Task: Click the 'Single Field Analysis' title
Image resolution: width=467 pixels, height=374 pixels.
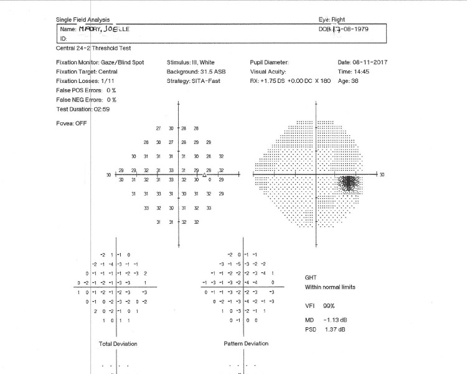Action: click(82, 19)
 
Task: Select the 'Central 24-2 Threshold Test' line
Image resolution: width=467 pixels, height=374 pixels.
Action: click(94, 48)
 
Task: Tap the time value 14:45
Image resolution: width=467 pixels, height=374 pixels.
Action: click(363, 72)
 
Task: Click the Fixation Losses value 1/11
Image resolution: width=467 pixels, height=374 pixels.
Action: click(106, 81)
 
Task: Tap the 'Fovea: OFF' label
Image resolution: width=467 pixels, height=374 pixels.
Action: click(72, 123)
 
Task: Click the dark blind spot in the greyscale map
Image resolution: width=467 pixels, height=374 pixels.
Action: click(349, 183)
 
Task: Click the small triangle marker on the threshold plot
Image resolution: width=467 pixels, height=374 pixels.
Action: click(204, 175)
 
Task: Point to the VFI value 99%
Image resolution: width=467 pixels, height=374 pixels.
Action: click(329, 306)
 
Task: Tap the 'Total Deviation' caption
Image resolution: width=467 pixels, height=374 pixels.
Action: click(118, 343)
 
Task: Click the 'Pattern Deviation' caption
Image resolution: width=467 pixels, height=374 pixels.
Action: click(246, 343)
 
